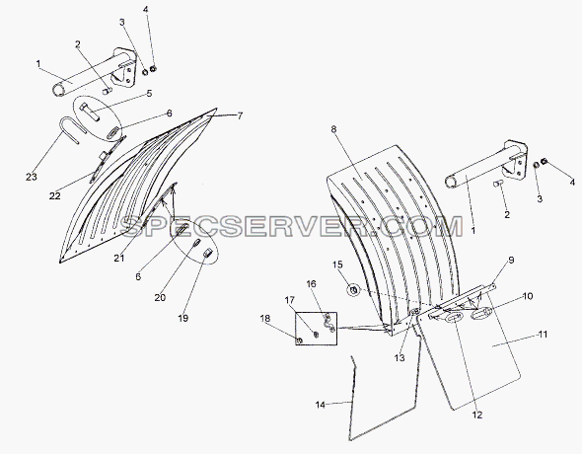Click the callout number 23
[32, 177]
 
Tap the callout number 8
[333, 129]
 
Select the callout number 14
[321, 405]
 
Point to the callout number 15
[337, 265]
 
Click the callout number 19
[183, 318]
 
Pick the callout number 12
[477, 415]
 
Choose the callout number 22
[54, 195]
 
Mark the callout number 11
[543, 335]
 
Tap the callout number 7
[240, 115]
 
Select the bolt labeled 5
[90, 111]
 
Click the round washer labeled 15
[353, 289]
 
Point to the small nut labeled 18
[300, 340]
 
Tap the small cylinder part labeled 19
[208, 254]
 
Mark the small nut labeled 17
[316, 335]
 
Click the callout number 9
[511, 260]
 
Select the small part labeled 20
[197, 243]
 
